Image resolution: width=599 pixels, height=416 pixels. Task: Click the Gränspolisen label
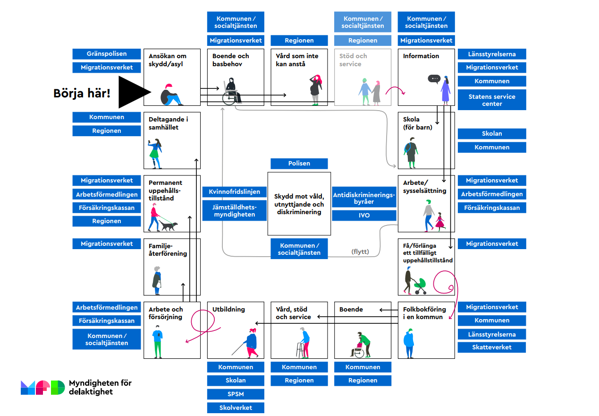(x=107, y=54)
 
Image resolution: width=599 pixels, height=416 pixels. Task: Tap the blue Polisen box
(x=299, y=164)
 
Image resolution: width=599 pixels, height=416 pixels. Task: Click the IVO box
(x=364, y=216)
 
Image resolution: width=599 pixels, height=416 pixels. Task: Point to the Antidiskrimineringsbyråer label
(x=364, y=198)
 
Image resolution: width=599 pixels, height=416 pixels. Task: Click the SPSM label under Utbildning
(x=236, y=394)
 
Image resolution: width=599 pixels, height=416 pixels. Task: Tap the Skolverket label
(x=236, y=407)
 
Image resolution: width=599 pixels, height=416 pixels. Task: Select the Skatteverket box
(x=491, y=347)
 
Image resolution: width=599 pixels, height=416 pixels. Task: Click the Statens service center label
(x=491, y=100)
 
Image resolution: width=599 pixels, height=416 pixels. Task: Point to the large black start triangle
(x=132, y=92)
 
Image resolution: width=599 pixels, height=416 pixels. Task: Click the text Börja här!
(x=82, y=93)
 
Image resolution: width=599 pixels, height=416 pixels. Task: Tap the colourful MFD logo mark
(x=42, y=387)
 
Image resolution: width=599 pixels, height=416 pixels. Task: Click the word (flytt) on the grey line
(x=360, y=251)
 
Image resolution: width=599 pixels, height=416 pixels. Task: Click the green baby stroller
(x=419, y=285)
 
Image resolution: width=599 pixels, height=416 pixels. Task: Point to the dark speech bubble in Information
(x=434, y=79)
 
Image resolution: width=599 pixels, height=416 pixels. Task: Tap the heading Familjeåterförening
(x=168, y=250)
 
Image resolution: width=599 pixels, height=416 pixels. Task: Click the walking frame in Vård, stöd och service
(x=300, y=350)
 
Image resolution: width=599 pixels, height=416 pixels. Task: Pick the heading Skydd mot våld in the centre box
(x=299, y=204)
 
